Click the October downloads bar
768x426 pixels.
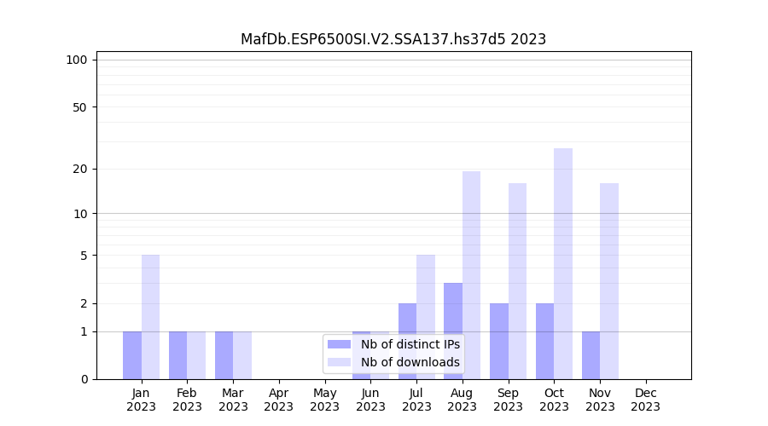click(563, 264)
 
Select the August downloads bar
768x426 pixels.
click(471, 275)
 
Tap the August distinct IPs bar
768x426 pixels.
click(453, 331)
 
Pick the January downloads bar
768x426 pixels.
click(150, 317)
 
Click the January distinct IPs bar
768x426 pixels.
click(132, 355)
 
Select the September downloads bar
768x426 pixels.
click(517, 281)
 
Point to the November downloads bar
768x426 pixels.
click(609, 281)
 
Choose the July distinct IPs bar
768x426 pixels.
click(407, 341)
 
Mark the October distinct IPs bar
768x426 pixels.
click(544, 341)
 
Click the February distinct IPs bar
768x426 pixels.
click(178, 355)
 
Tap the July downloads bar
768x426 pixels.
click(426, 317)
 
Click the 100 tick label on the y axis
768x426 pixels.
click(77, 60)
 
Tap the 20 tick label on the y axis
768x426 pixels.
click(79, 169)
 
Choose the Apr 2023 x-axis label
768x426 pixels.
click(279, 400)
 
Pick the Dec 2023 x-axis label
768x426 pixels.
click(646, 400)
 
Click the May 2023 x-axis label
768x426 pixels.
click(325, 400)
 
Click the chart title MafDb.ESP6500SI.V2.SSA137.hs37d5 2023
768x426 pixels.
click(393, 39)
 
